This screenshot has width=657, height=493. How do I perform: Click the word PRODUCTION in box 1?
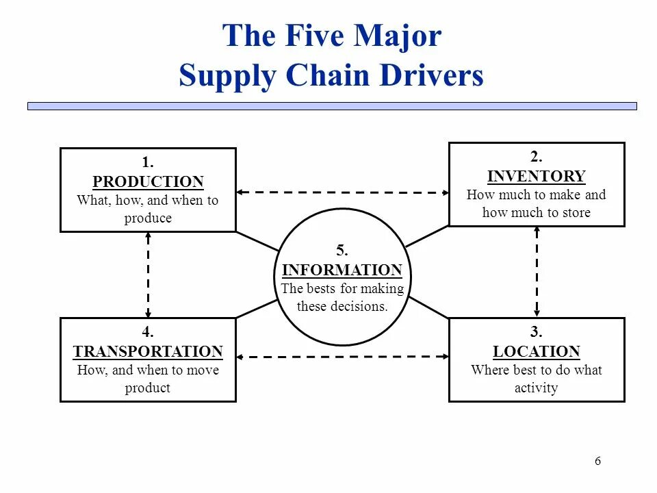click(148, 182)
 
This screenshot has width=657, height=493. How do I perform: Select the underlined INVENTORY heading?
click(537, 176)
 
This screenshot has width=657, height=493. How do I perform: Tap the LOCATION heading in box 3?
click(537, 352)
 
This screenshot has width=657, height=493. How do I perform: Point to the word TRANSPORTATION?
click(148, 352)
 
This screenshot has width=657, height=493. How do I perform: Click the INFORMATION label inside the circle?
click(342, 270)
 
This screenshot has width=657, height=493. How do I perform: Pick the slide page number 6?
click(597, 461)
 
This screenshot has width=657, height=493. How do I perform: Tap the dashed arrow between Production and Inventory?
click(342, 192)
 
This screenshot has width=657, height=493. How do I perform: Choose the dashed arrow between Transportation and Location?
click(342, 357)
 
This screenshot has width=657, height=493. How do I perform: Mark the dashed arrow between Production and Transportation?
click(148, 274)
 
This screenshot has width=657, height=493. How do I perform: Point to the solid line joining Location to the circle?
click(428, 307)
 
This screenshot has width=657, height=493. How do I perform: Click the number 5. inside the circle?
click(342, 251)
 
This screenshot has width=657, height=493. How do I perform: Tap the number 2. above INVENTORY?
click(537, 157)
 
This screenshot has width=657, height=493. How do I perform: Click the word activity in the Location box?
click(537, 388)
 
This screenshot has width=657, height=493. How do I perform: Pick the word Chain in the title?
click(324, 76)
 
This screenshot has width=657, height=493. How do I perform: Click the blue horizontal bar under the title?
click(332, 106)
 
